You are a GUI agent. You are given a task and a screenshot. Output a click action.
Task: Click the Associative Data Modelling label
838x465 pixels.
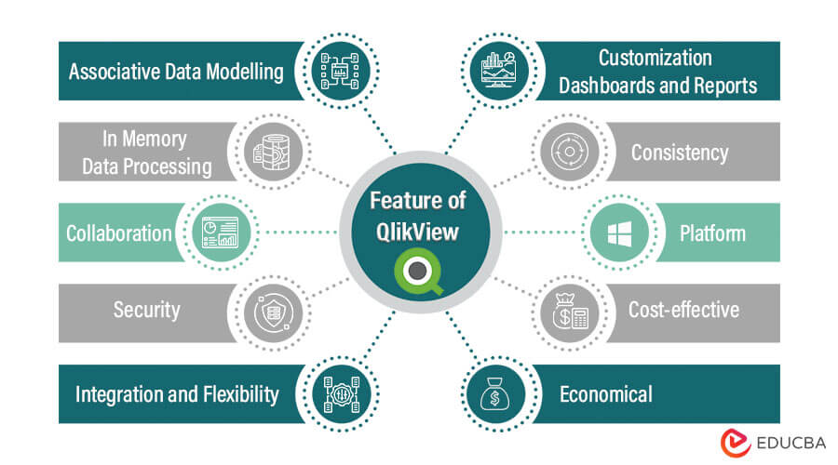[175, 72]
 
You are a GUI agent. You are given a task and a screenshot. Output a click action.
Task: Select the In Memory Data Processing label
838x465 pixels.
[145, 153]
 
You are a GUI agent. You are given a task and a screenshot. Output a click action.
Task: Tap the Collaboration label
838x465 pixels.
[118, 232]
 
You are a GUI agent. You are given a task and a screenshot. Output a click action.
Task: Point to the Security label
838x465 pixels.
[146, 310]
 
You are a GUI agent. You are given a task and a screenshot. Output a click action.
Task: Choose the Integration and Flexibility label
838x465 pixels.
[177, 393]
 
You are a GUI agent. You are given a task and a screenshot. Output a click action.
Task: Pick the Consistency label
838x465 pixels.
[680, 153]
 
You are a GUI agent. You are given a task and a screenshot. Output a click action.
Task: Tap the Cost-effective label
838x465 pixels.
[685, 310]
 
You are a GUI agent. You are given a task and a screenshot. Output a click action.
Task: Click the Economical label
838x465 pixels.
[605, 393]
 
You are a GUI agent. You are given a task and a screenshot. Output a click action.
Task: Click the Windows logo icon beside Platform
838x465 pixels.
[621, 232]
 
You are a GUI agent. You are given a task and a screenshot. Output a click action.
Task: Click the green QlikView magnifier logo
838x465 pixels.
[418, 272]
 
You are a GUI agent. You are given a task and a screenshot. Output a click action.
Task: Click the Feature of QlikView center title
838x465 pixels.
[418, 216]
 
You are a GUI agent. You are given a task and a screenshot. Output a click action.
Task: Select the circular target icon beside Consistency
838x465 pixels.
[570, 153]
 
